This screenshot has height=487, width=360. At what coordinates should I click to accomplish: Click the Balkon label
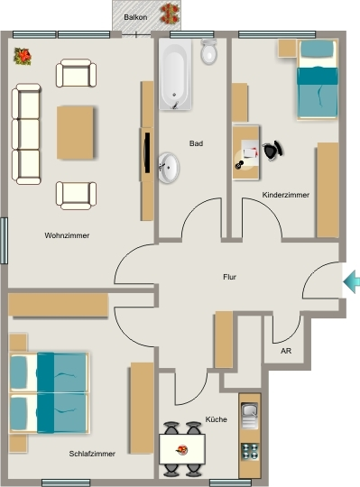click(x=135, y=17)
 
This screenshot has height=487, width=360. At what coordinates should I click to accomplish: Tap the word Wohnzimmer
click(x=67, y=235)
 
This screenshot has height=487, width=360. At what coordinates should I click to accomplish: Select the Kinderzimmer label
click(x=286, y=195)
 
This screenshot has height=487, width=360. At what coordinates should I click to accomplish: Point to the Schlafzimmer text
click(x=92, y=454)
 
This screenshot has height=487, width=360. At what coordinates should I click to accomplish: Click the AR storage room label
click(x=286, y=351)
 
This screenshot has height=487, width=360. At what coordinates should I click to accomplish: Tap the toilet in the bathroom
click(x=208, y=51)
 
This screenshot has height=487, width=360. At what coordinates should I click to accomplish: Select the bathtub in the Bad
click(x=175, y=74)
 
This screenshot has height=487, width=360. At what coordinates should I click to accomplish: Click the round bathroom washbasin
click(x=169, y=168)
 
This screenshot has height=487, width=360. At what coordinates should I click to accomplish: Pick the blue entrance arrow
click(x=352, y=281)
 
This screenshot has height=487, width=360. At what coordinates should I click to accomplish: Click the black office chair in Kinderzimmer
click(x=273, y=151)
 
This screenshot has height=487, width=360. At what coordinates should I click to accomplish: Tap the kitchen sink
click(x=250, y=416)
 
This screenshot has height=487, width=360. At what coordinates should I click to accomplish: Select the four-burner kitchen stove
click(x=250, y=452)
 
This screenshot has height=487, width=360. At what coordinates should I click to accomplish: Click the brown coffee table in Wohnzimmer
click(x=75, y=133)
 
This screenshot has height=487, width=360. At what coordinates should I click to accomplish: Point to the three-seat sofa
click(x=26, y=133)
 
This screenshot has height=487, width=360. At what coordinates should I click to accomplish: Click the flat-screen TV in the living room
click(x=147, y=152)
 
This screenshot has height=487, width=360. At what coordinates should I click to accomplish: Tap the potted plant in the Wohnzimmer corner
click(x=23, y=57)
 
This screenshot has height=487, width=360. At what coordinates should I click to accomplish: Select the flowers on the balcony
click(x=170, y=14)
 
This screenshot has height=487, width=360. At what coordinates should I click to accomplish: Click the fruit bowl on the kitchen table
click(x=181, y=449)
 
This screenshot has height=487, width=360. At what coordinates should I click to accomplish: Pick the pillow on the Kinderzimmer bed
click(x=318, y=49)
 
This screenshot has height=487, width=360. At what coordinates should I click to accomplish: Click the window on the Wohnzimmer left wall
click(x=4, y=241)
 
